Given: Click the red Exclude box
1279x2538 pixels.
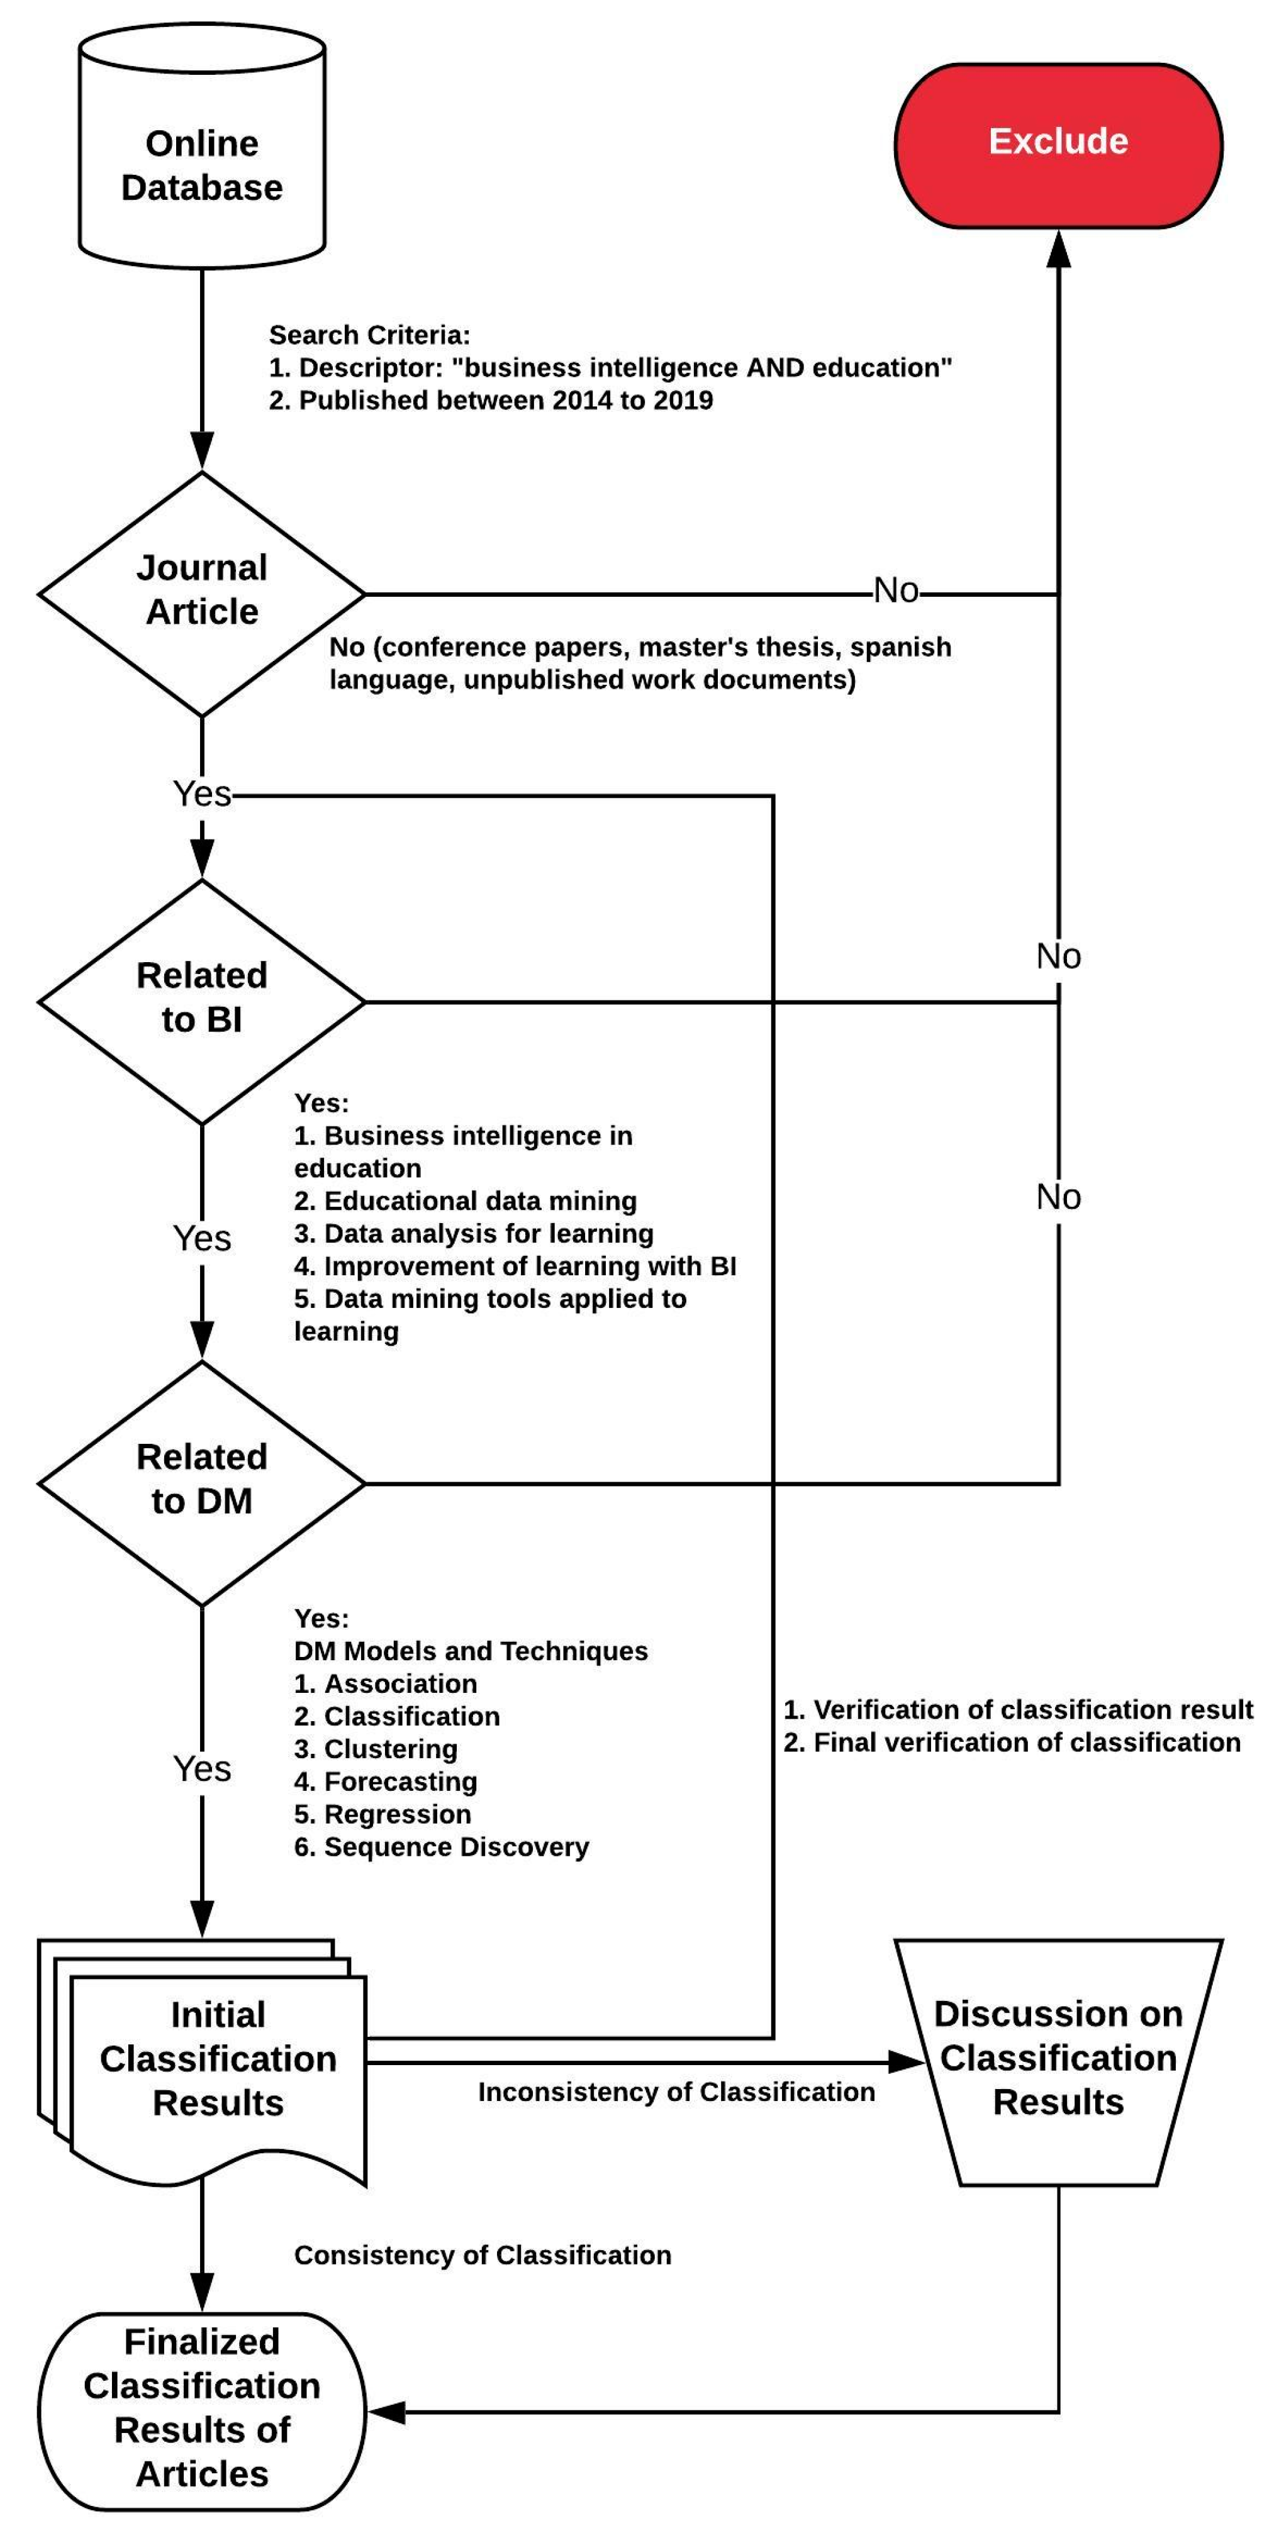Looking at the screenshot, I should tap(1058, 145).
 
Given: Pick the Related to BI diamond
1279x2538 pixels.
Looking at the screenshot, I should tap(202, 999).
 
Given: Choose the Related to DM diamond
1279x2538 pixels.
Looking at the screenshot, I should tap(202, 1480).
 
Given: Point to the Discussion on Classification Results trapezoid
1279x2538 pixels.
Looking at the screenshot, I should tap(1058, 2057).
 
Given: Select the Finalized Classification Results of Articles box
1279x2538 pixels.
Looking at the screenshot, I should tap(202, 2407).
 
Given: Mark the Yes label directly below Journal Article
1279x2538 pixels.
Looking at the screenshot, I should tap(202, 793).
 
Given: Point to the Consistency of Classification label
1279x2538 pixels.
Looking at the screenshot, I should tap(482, 2255).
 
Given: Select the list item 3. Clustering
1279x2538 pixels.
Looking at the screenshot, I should tap(376, 1749).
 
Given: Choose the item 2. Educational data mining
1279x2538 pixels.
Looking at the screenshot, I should tap(465, 1201).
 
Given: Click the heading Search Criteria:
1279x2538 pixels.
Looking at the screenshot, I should tap(369, 335).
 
